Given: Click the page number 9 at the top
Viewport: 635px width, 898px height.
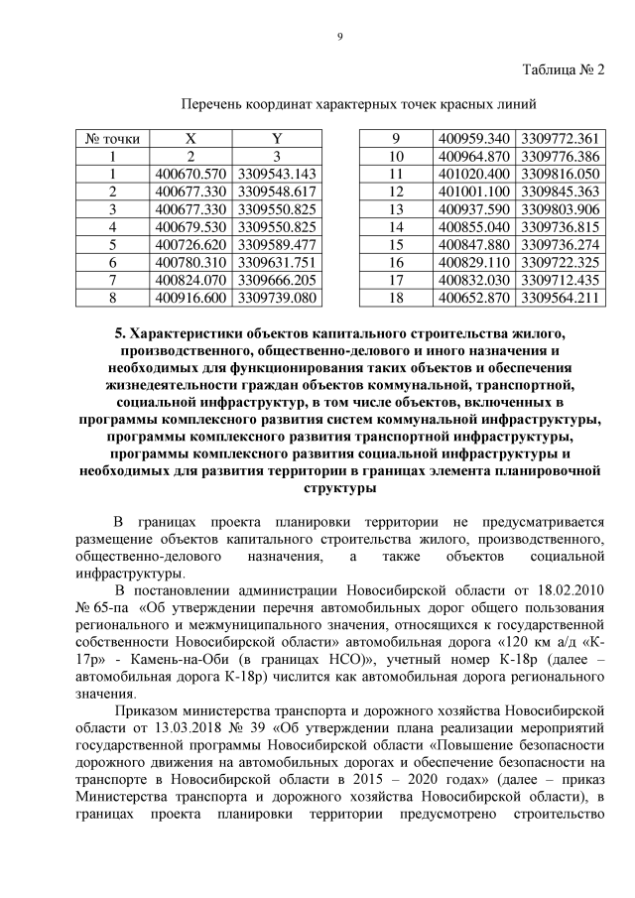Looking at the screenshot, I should (x=339, y=37).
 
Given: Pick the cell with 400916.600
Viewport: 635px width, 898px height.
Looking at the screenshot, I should (x=191, y=297).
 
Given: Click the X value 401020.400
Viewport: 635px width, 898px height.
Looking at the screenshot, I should (x=472, y=174).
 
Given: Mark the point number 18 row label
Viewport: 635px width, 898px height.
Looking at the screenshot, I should (x=395, y=297).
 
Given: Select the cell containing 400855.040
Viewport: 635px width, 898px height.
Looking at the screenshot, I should (x=472, y=226).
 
